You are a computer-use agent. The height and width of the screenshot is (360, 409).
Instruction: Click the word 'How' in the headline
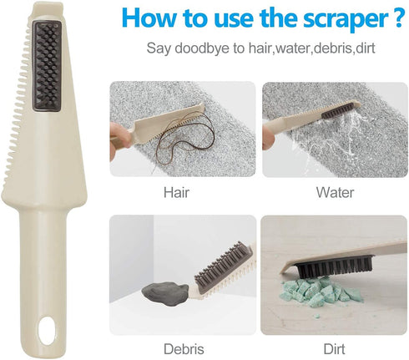(x=149, y=17)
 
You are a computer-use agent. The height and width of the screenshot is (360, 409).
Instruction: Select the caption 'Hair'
(x=176, y=192)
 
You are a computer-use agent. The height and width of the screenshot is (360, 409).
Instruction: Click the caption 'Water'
(x=335, y=192)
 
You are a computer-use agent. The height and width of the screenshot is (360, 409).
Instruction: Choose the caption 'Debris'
(x=184, y=349)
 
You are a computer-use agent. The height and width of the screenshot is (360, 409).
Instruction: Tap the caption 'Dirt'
(x=334, y=349)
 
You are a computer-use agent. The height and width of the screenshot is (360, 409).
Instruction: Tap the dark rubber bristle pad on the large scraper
(x=47, y=66)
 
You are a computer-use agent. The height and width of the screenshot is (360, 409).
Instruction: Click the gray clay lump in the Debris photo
(x=165, y=294)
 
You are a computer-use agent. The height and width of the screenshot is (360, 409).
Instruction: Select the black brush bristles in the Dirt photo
(x=333, y=266)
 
